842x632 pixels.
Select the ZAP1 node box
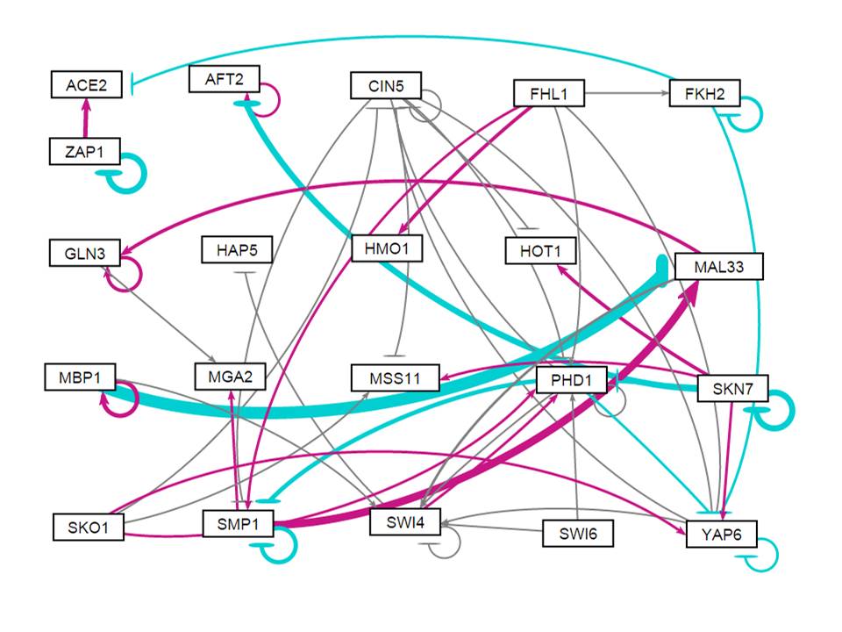[84, 151]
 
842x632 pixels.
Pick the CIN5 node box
[385, 86]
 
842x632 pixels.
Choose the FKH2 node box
[704, 92]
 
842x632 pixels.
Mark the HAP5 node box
[237, 250]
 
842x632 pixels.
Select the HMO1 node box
[386, 249]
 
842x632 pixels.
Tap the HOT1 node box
[540, 251]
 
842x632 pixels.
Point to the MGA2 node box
[230, 378]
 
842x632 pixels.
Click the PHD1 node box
[571, 381]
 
